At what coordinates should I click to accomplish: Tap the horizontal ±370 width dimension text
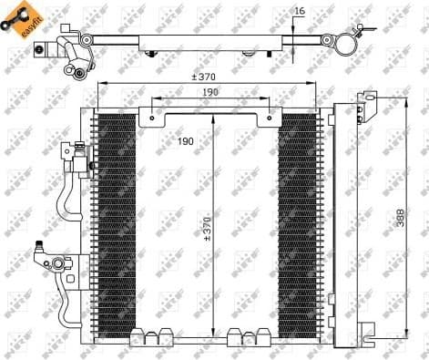[x=204, y=76]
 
